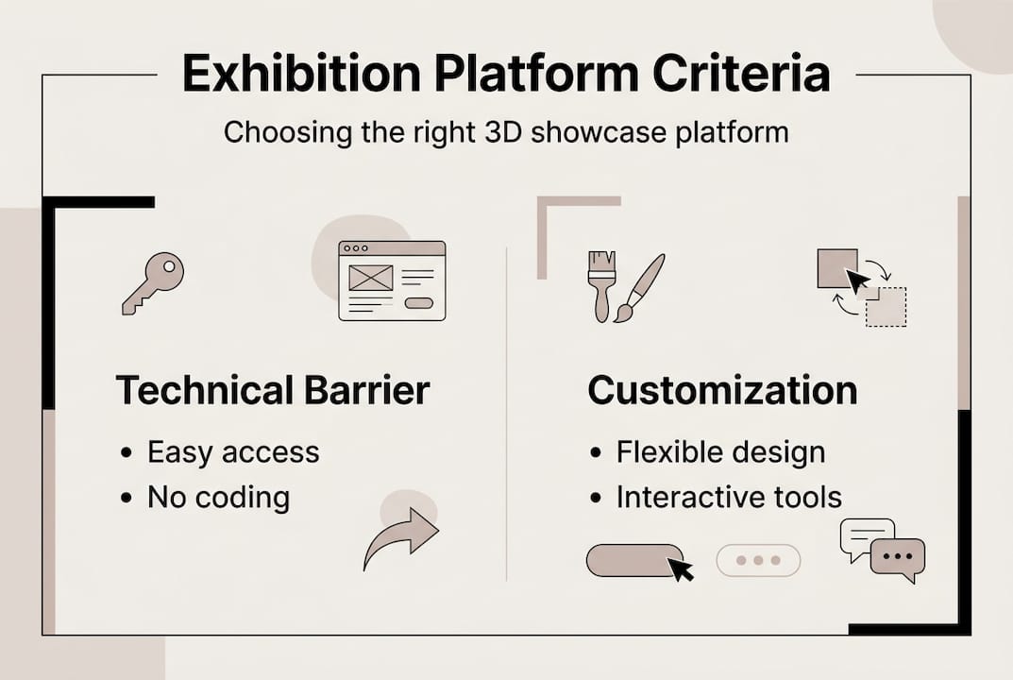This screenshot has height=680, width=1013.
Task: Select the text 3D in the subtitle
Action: pos(498,131)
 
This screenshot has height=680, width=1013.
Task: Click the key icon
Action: pos(153,282)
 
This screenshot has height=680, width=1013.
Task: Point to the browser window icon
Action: pos(392,280)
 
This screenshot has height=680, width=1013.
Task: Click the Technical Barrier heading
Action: pos(272,390)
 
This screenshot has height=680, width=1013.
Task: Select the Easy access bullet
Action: pos(232,452)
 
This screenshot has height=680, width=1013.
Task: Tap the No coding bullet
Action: pos(218,498)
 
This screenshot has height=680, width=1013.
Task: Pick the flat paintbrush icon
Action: pos(601,285)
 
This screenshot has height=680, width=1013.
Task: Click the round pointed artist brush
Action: pos(640,287)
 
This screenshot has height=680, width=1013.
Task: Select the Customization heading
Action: pos(722,390)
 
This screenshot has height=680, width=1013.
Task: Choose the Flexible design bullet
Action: pos(720,452)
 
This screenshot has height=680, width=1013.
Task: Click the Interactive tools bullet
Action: pos(728,498)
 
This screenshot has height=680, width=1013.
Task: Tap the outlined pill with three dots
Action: pos(758,560)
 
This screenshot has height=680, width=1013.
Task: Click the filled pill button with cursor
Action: pos(633,560)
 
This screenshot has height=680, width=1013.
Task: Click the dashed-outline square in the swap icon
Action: pos(887,306)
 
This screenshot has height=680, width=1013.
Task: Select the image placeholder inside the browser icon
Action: pos(370,277)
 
